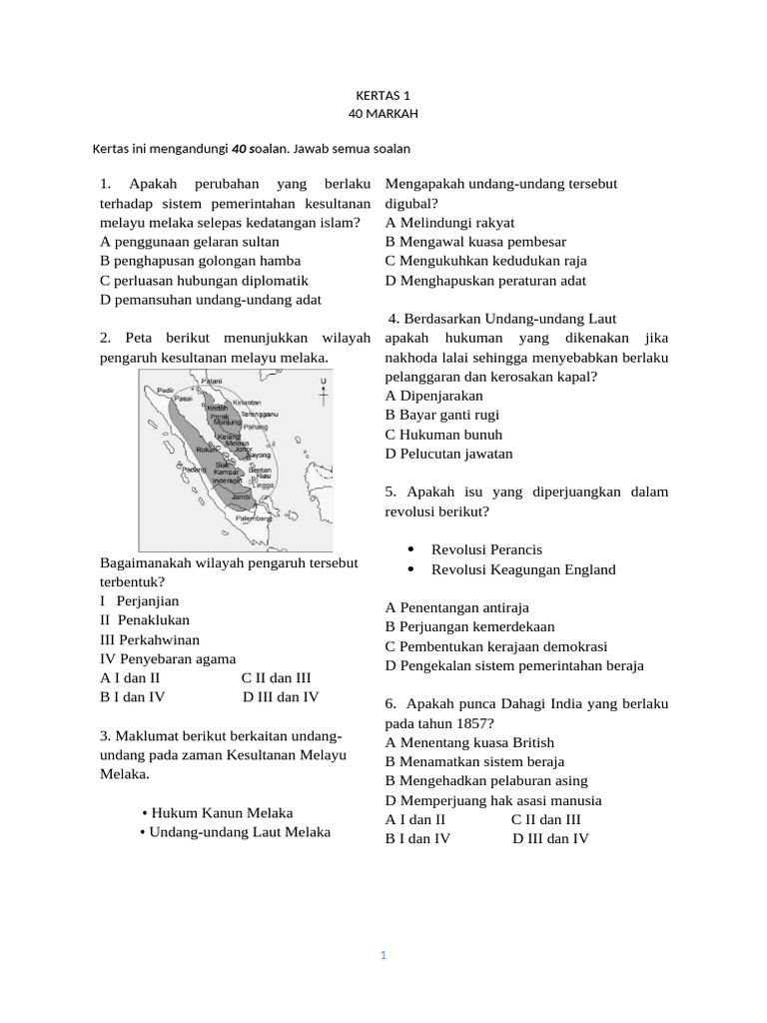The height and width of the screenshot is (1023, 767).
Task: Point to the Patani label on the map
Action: [x=212, y=381]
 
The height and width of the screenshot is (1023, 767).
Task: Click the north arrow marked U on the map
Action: [x=322, y=394]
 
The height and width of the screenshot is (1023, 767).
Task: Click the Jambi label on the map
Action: [x=240, y=496]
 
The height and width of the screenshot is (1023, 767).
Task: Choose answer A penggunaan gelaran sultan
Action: [x=190, y=242]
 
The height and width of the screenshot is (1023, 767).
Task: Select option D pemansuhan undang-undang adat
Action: [x=211, y=300]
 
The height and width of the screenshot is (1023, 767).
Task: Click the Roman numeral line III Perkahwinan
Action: [x=151, y=639]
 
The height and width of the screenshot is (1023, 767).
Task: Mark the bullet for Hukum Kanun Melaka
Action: [x=146, y=813]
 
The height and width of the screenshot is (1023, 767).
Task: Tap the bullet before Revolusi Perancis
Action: [x=412, y=550]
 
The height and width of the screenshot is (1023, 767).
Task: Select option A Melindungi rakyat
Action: [x=449, y=223]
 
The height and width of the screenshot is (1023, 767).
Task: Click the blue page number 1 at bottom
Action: [x=383, y=956]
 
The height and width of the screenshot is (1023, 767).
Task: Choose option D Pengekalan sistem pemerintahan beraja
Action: [x=514, y=665]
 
